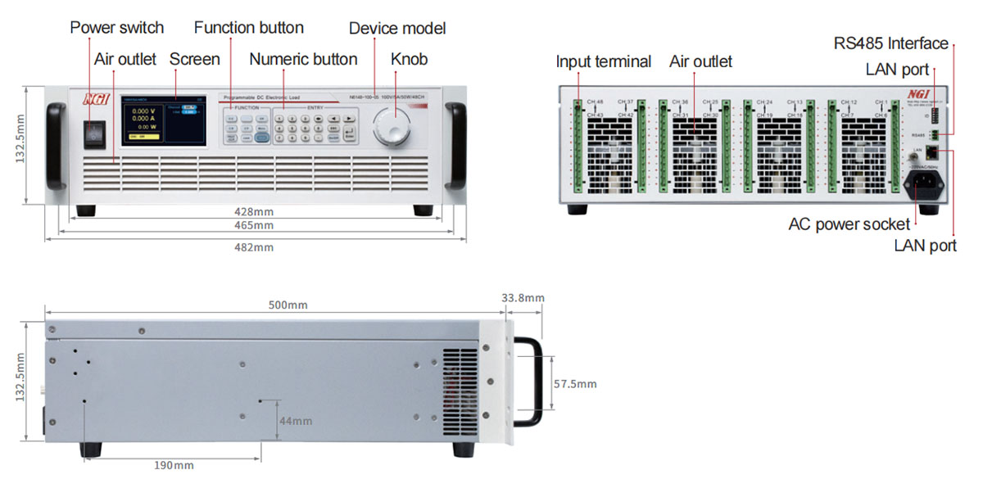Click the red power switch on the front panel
click(x=96, y=132)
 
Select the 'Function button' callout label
click(x=248, y=28)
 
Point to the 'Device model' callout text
click(x=397, y=29)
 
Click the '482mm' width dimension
click(x=254, y=246)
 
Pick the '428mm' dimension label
click(x=254, y=211)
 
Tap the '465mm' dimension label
click(x=254, y=225)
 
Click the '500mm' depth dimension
click(x=288, y=305)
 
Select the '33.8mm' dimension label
click(x=522, y=298)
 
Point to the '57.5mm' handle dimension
click(x=575, y=383)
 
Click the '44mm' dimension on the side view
click(x=296, y=421)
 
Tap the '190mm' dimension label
click(x=174, y=465)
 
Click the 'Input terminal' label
click(x=603, y=61)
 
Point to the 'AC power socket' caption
click(x=849, y=224)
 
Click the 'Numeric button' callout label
click(x=303, y=59)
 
